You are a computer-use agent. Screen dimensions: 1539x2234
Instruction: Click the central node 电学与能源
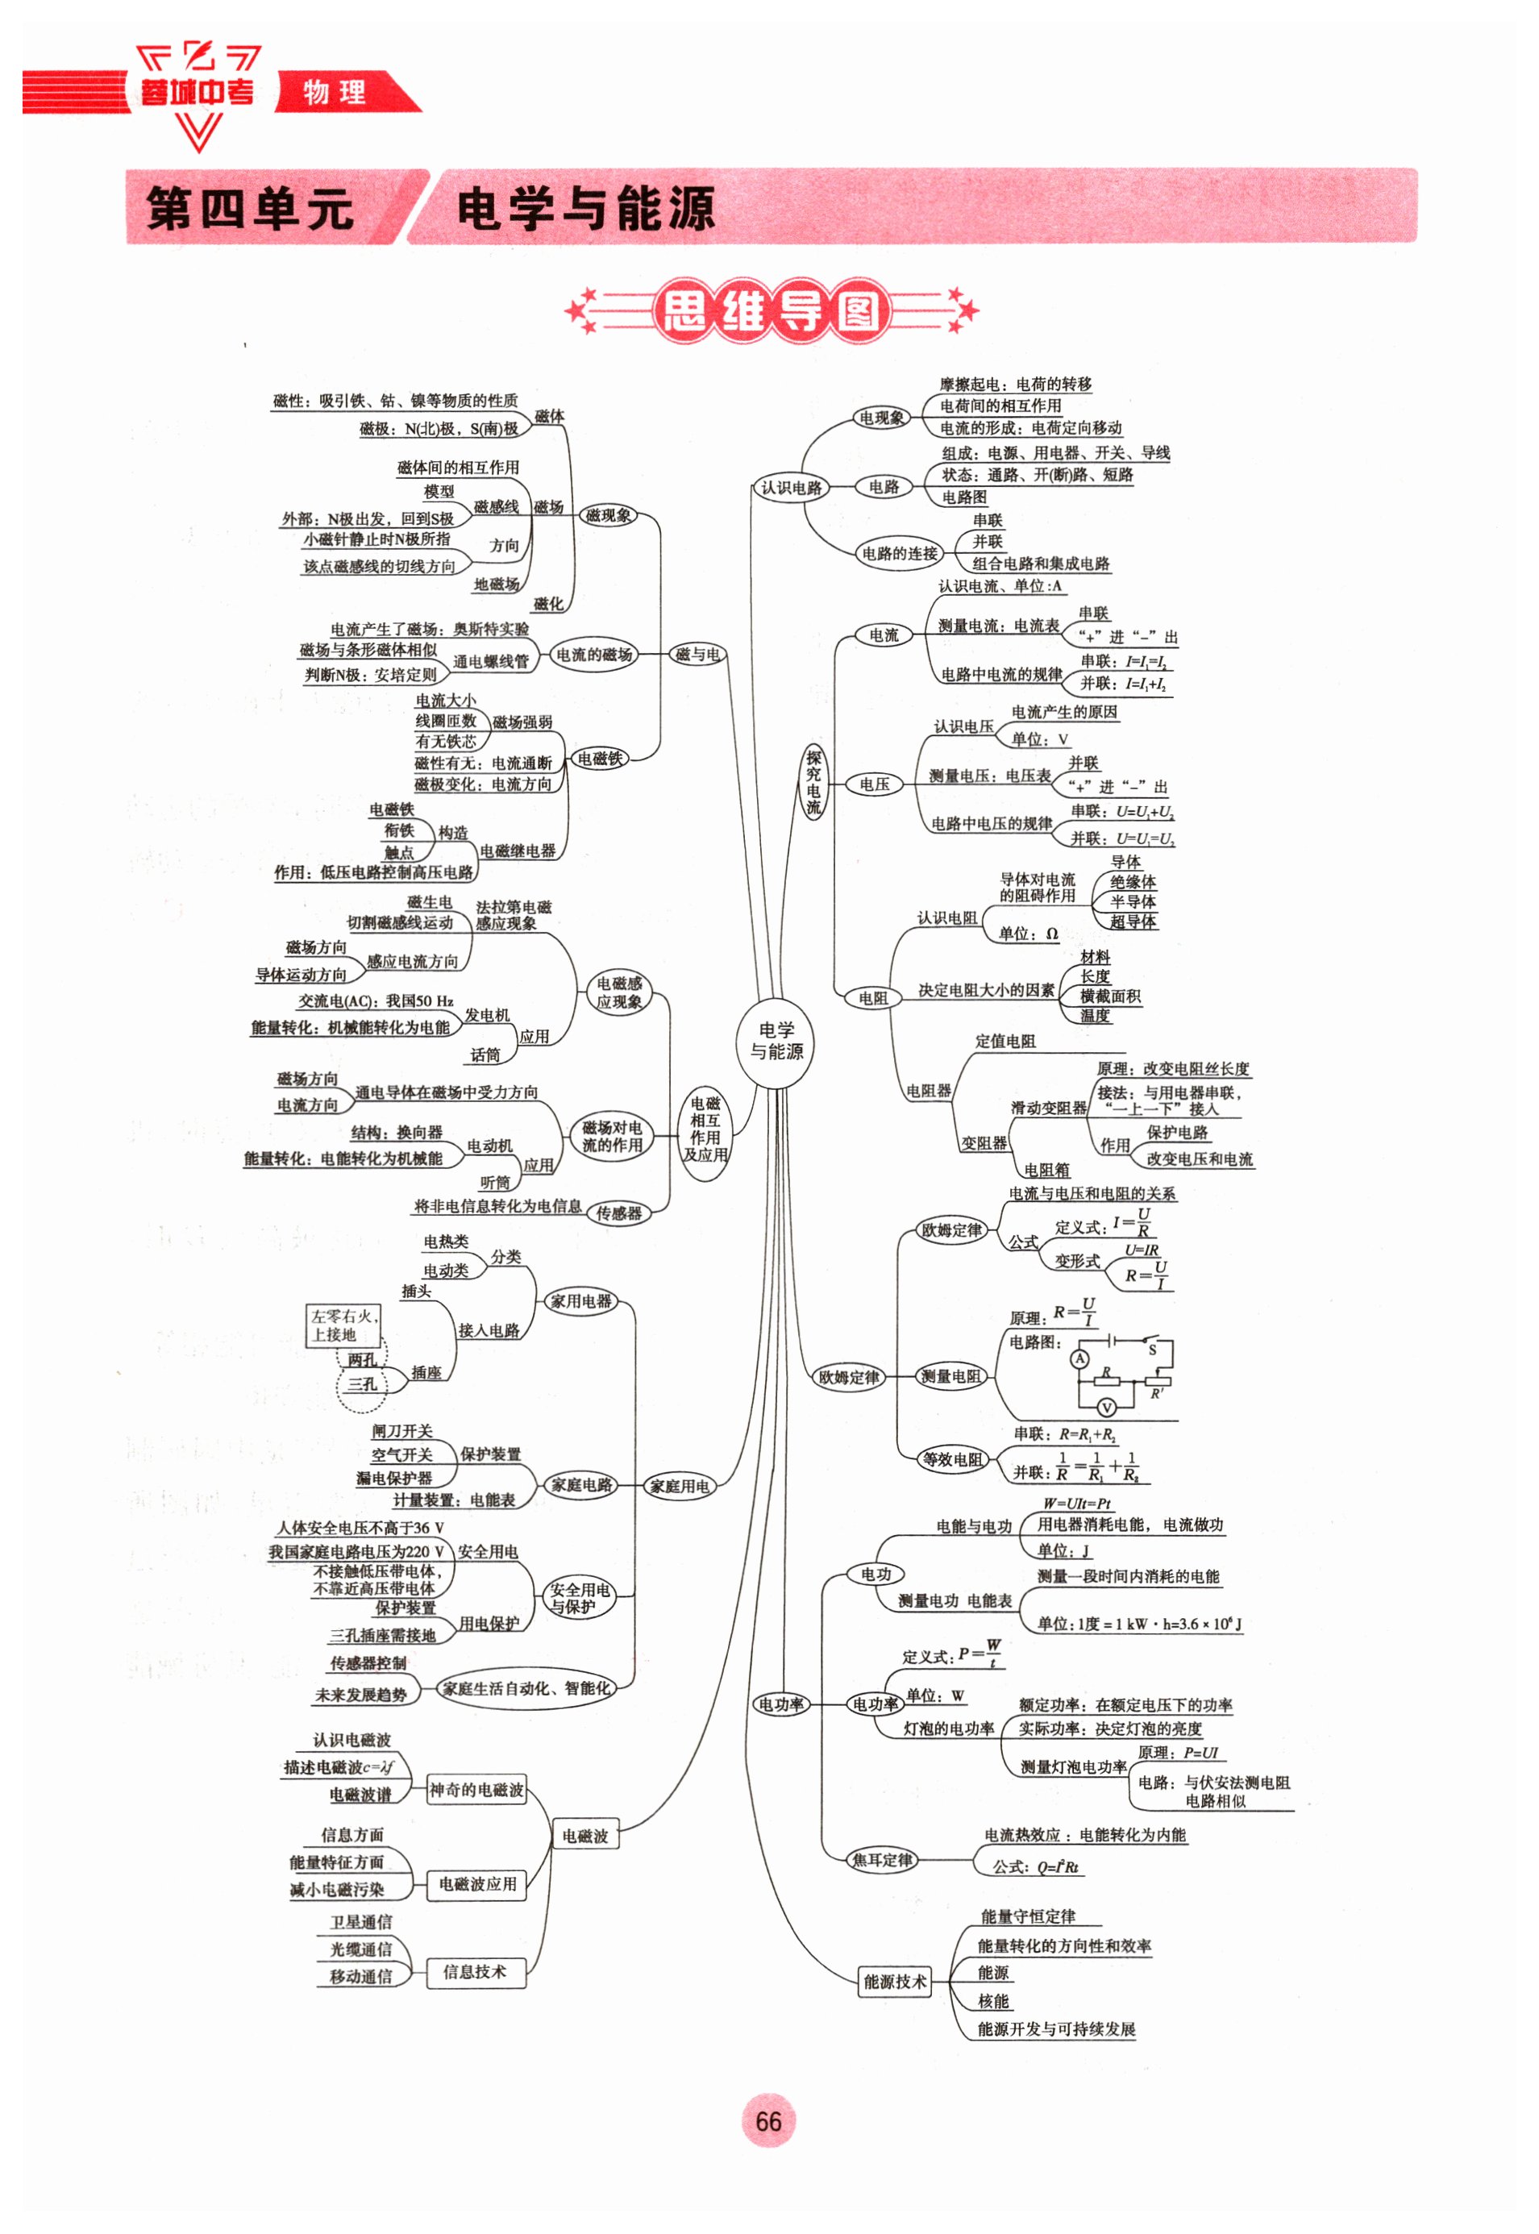(x=776, y=1042)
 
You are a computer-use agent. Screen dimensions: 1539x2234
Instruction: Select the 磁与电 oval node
(x=697, y=655)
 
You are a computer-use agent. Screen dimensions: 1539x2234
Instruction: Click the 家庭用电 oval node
(x=679, y=1486)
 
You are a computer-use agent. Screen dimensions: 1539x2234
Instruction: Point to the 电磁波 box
(x=585, y=1836)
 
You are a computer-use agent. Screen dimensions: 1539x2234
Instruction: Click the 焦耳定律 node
(x=882, y=1860)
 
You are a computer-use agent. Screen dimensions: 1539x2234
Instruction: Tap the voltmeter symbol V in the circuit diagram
(x=1107, y=1407)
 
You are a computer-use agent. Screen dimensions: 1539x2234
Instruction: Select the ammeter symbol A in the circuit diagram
(x=1080, y=1358)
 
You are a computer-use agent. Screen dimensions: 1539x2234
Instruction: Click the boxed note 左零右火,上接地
(x=343, y=1325)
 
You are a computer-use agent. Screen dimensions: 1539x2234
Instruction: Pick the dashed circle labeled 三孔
(x=362, y=1384)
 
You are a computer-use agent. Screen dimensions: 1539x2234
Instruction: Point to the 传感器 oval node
(x=618, y=1213)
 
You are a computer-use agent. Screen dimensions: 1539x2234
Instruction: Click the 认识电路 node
(x=791, y=488)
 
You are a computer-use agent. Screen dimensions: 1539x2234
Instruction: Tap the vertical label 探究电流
(x=814, y=782)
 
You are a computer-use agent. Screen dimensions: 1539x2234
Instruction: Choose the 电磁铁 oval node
(x=600, y=759)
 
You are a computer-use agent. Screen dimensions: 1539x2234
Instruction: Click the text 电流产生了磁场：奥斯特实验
(x=429, y=629)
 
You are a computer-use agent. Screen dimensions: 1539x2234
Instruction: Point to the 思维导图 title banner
(x=771, y=311)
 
